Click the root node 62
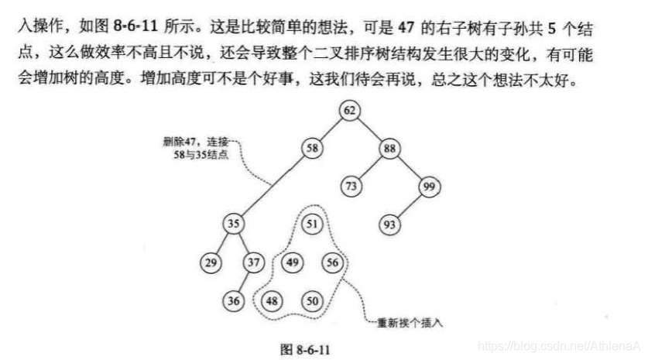pyautogui.click(x=350, y=110)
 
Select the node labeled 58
pyautogui.click(x=312, y=147)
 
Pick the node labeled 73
pyautogui.click(x=350, y=186)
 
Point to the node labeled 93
pyautogui.click(x=389, y=224)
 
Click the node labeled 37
pyautogui.click(x=253, y=262)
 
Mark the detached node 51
pyautogui.click(x=312, y=224)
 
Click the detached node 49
pyautogui.click(x=292, y=262)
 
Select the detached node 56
pyautogui.click(x=332, y=262)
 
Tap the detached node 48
pyautogui.click(x=273, y=300)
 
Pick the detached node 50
pyautogui.click(x=312, y=300)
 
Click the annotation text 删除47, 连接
pyautogui.click(x=195, y=142)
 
